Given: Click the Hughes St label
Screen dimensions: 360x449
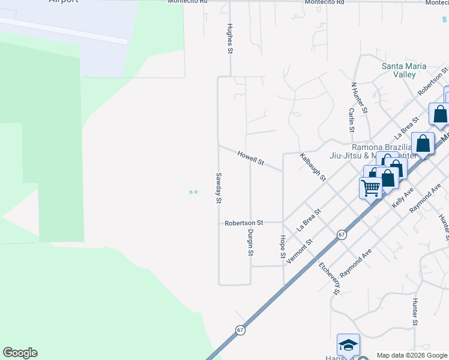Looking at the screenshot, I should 229,38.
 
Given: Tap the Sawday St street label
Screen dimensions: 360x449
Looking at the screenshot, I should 218,188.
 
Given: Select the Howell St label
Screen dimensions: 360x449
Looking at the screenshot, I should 250,158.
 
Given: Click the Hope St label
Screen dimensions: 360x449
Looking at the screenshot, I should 283,247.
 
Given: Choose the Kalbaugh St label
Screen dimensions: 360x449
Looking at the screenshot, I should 313,167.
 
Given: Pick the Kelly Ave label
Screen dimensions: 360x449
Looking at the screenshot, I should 403,196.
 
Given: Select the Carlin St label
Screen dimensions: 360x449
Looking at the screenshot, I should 351,120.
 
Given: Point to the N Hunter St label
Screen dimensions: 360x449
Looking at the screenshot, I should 359,98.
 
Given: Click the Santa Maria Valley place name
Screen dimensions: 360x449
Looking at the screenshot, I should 404,70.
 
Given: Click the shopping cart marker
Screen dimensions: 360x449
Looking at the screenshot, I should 370,188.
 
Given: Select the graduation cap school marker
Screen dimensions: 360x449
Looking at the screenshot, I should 348,345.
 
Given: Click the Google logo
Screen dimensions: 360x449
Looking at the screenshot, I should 20,353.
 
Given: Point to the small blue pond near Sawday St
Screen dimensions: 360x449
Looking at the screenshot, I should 193,192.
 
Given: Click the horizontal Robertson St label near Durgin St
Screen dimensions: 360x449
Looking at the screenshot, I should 244,223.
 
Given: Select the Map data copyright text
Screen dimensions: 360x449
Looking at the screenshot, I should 411,355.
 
